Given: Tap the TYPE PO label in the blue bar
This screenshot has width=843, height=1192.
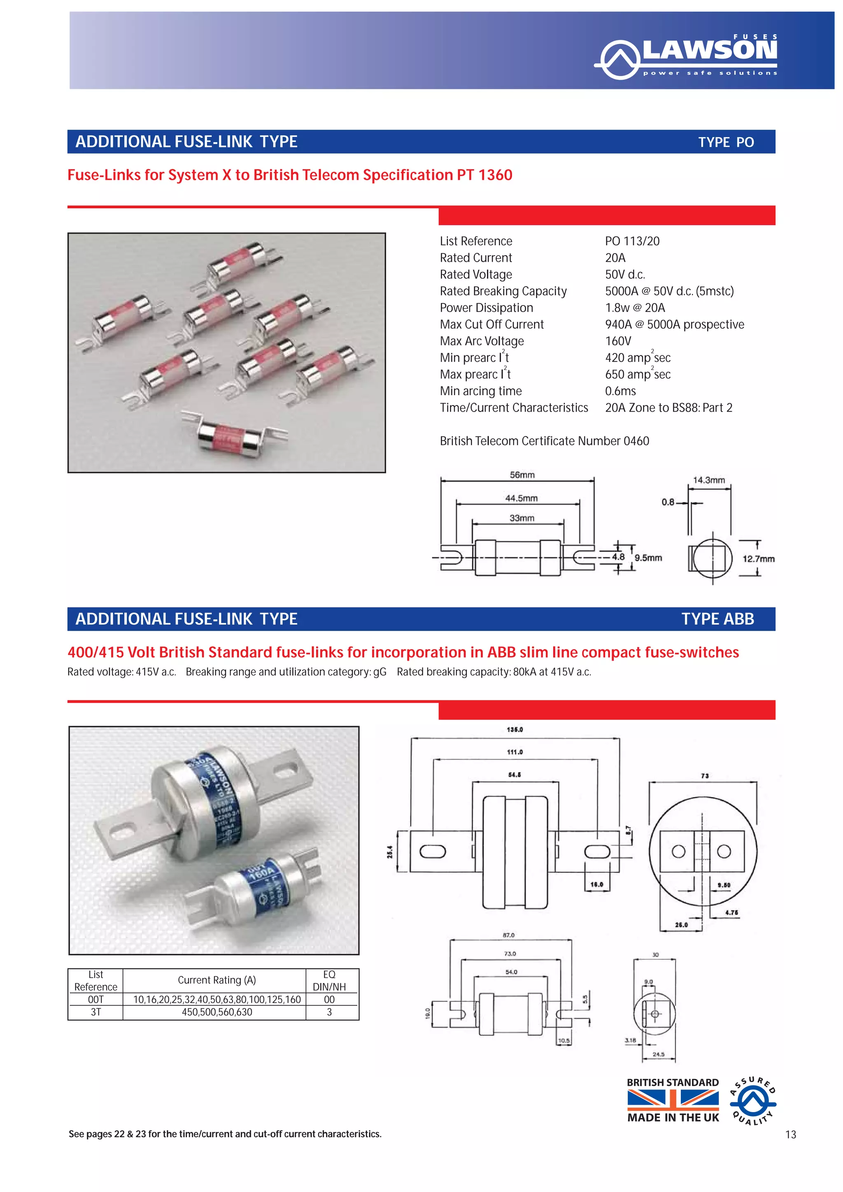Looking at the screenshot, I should [725, 142].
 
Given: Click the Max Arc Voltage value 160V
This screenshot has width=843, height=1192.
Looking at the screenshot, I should [618, 341].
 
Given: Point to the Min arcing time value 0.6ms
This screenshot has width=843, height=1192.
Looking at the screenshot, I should [620, 391].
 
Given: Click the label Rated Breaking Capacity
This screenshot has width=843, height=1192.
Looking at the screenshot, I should [503, 291].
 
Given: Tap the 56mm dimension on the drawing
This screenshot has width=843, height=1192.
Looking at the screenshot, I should [522, 475].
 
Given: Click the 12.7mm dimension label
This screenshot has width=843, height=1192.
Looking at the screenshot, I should [758, 559].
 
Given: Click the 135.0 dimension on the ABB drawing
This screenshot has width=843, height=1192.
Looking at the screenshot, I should [515, 729].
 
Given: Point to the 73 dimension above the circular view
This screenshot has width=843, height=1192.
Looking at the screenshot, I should [704, 775].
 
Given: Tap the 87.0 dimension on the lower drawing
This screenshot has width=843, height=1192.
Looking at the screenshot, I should [508, 935].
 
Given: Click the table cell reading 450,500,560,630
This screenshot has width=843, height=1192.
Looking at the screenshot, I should [217, 1012].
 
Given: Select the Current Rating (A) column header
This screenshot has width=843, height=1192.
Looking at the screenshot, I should [217, 980].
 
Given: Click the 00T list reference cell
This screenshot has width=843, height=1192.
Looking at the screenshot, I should [95, 999].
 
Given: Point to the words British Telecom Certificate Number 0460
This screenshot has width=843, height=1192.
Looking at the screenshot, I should [544, 441].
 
